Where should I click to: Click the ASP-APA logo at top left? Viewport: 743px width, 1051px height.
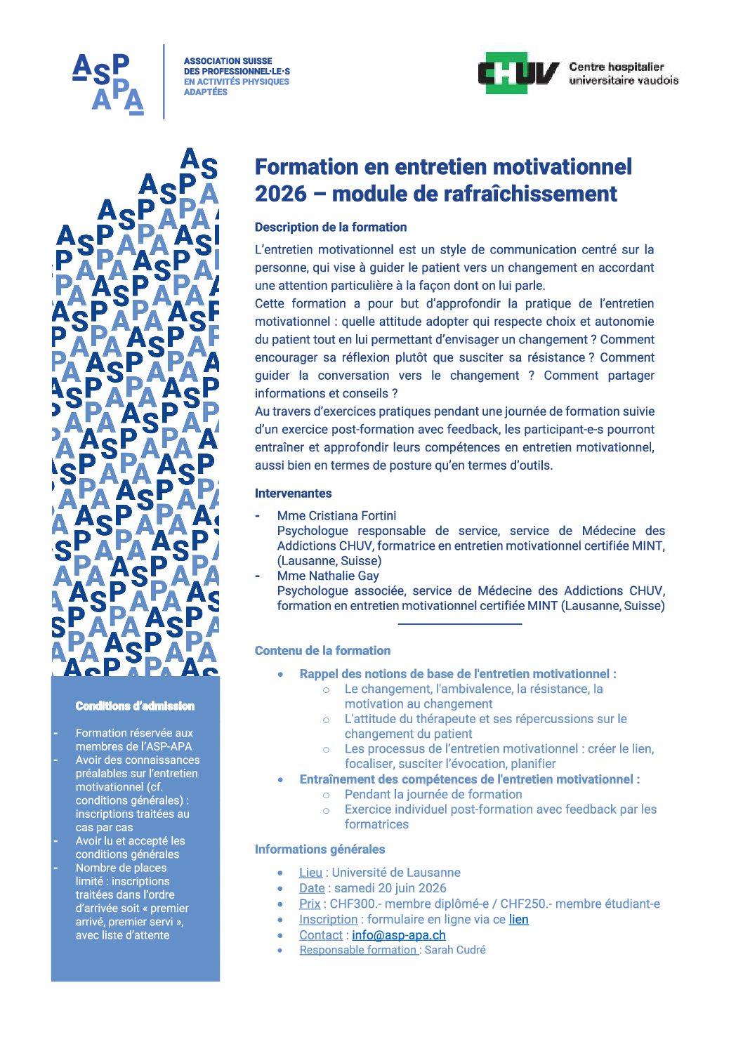point(109,84)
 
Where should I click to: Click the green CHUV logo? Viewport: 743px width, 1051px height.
point(518,73)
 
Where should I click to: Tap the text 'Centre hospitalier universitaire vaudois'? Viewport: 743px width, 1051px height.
point(623,73)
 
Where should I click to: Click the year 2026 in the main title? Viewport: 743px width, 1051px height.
point(281,194)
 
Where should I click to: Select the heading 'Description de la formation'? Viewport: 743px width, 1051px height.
point(331,227)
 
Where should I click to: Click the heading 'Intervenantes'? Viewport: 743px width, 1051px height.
point(293,494)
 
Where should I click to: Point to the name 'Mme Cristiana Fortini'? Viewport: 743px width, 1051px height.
point(336,516)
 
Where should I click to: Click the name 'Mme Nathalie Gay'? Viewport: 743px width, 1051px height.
point(328,576)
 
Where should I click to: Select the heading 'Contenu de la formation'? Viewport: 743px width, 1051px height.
point(322,651)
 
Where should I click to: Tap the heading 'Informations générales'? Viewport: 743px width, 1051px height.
point(320,850)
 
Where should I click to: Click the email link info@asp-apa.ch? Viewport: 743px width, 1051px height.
point(398,935)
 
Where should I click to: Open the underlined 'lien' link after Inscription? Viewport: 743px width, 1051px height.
point(518,920)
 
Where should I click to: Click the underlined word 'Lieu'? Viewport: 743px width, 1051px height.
point(310,873)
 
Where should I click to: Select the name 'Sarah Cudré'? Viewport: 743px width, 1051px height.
point(455,950)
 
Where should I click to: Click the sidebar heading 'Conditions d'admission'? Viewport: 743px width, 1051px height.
point(135,706)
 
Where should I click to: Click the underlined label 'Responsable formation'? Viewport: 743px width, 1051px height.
point(358,950)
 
